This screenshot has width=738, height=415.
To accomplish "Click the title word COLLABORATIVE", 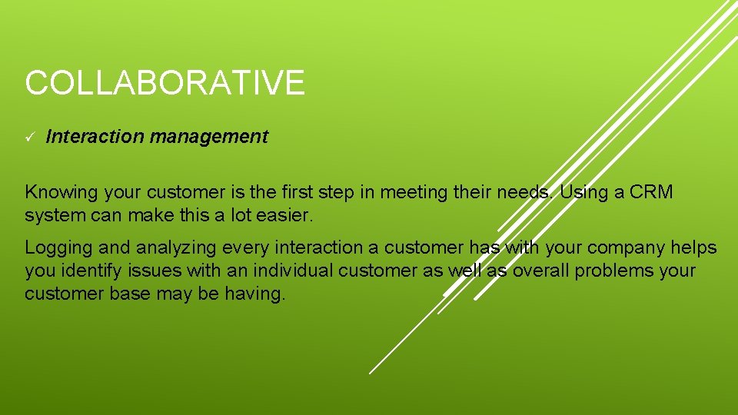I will tap(165, 83).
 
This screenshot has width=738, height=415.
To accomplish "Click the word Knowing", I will tap(58, 193).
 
